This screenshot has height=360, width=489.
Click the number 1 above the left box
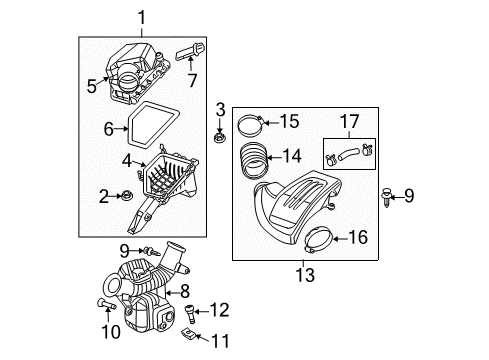click(142, 17)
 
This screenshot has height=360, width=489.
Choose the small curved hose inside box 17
click(349, 154)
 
